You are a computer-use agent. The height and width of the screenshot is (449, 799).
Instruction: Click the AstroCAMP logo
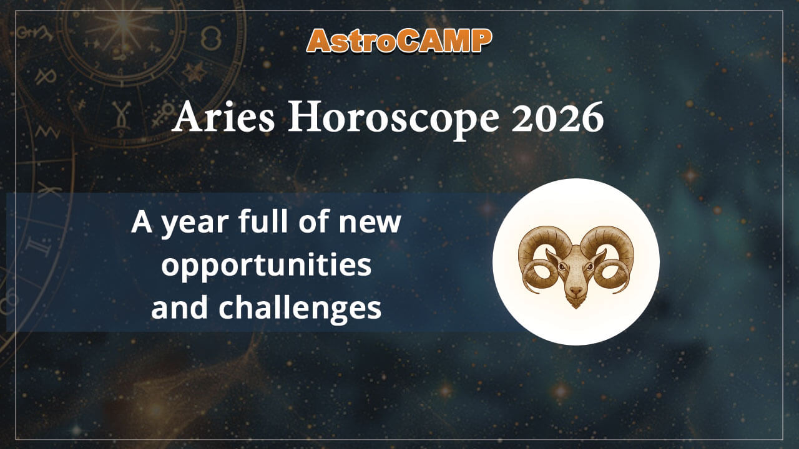(399, 41)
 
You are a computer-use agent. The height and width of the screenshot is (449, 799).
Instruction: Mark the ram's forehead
(576, 256)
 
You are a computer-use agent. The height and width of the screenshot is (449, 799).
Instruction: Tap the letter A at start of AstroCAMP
(320, 41)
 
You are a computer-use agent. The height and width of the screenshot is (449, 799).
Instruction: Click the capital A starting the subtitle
(142, 223)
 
